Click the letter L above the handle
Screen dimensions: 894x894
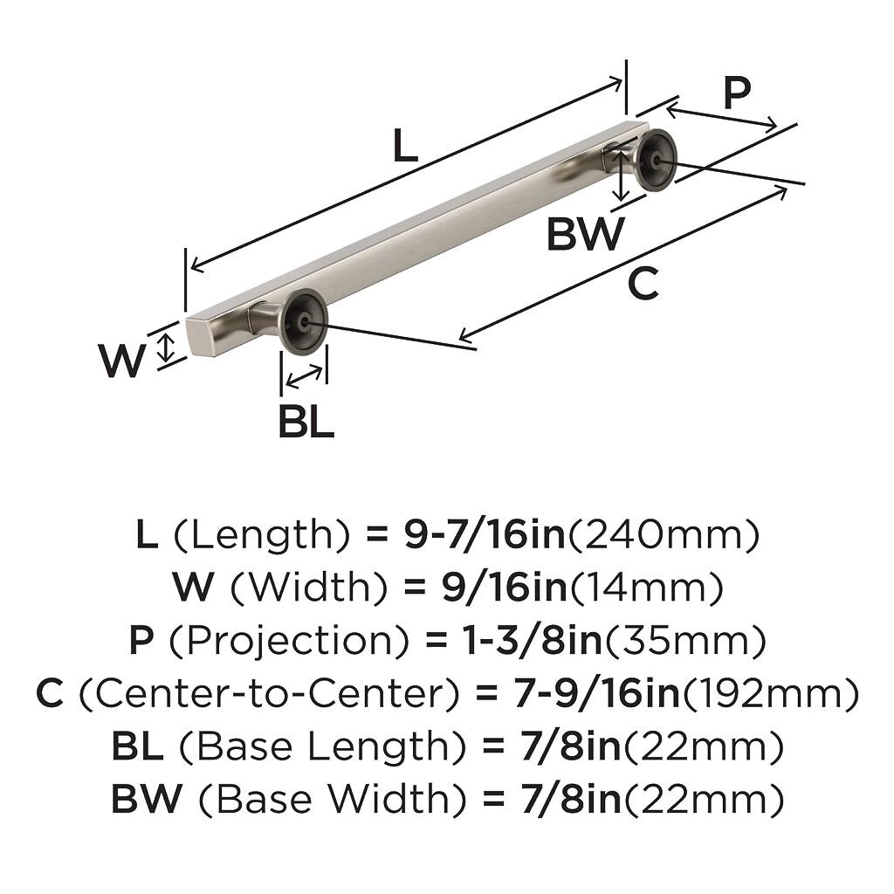click(403, 146)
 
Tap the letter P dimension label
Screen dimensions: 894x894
click(737, 93)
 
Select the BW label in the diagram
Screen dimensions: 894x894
click(585, 234)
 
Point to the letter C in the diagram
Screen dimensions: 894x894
click(643, 285)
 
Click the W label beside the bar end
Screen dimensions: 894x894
click(120, 361)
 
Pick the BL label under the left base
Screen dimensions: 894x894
click(306, 423)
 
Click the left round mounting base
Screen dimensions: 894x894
click(303, 321)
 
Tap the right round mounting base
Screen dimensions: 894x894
click(654, 159)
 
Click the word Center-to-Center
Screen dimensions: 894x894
click(273, 694)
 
